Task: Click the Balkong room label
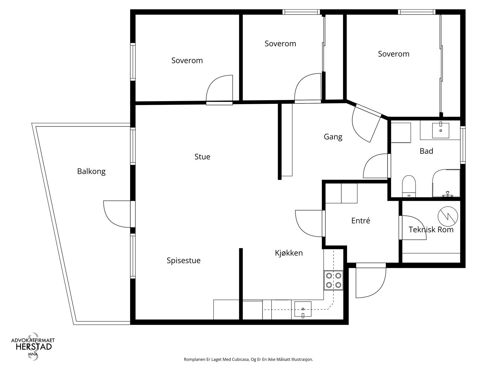tap(91, 171)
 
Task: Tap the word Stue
tap(202, 157)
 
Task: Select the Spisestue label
tap(183, 260)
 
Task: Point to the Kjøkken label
tap(289, 253)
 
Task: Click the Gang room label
tap(333, 137)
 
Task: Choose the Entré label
tap(360, 220)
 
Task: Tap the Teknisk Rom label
tap(431, 229)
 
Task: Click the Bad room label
tap(426, 151)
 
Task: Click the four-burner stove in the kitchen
tap(333, 280)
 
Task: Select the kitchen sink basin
tap(303, 309)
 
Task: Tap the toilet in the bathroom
tap(409, 186)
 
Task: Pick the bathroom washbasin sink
tap(440, 130)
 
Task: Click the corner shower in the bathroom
tap(446, 183)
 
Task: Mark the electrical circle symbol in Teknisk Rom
tap(448, 216)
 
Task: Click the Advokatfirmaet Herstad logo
tap(33, 346)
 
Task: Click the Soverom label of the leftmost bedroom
tap(187, 60)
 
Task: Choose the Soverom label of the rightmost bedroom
tap(394, 54)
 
